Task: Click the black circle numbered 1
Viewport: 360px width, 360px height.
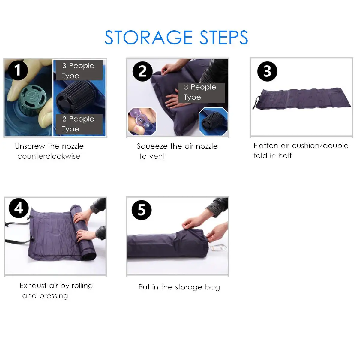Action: (18, 70)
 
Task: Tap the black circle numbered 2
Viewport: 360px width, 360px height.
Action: (142, 71)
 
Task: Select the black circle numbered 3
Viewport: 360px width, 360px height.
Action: (267, 71)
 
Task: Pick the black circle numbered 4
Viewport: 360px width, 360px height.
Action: (19, 208)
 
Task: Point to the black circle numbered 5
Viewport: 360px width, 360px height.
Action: (142, 210)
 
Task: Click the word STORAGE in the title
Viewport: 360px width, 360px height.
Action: (149, 37)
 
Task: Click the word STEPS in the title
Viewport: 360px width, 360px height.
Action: (224, 37)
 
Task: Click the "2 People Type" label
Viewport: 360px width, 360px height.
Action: (79, 124)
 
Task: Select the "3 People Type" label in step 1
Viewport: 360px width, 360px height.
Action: (79, 70)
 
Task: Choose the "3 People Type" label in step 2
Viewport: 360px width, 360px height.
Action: (201, 93)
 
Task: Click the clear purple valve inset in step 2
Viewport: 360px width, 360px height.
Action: (142, 121)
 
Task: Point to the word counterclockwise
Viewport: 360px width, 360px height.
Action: (49, 156)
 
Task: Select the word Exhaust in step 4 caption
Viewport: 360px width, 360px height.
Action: (33, 286)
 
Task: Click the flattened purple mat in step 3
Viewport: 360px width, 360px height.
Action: (302, 98)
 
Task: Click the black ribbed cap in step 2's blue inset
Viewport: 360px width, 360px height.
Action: (212, 121)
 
